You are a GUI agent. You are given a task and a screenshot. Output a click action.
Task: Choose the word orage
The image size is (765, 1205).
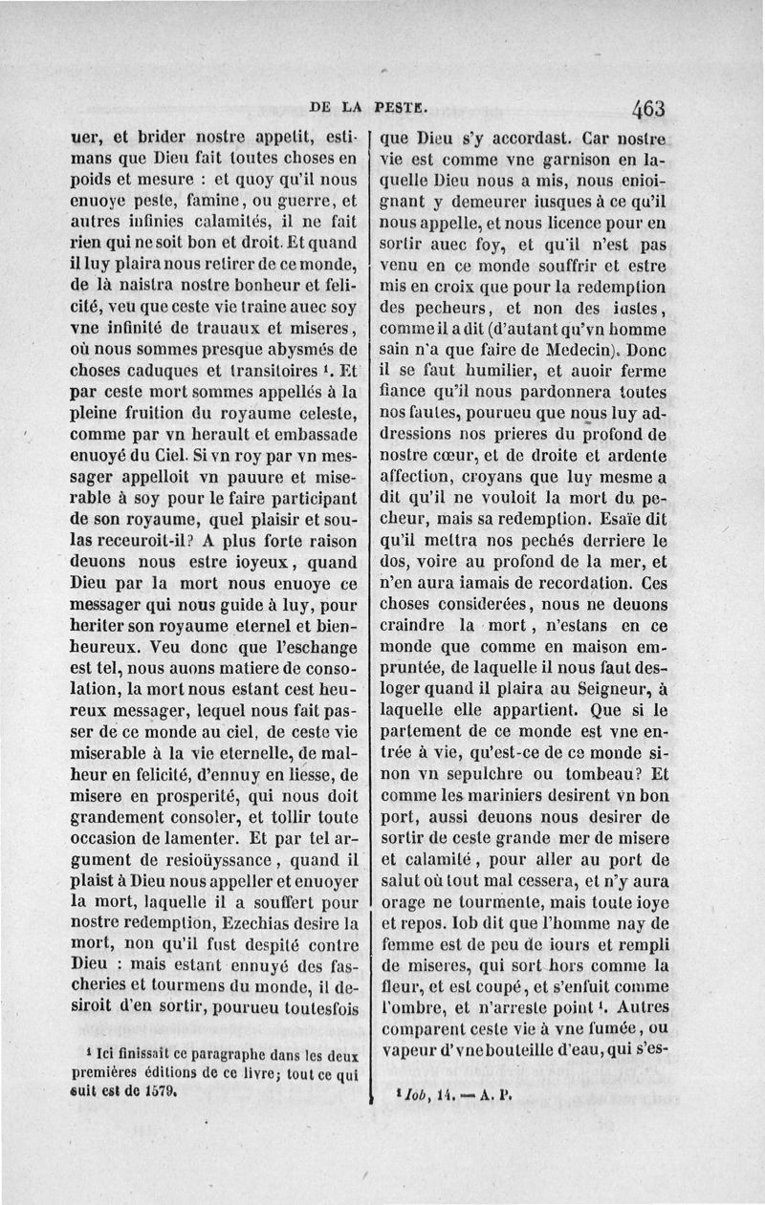tap(405, 902)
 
